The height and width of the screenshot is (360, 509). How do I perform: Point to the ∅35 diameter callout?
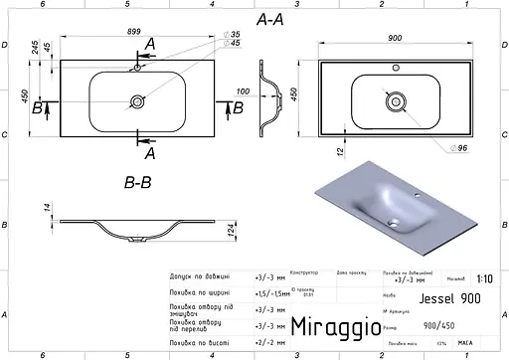[x=235, y=35]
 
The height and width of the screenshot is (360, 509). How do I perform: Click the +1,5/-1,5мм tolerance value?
[x=272, y=292]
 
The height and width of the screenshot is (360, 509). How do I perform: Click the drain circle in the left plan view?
[x=136, y=101]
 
